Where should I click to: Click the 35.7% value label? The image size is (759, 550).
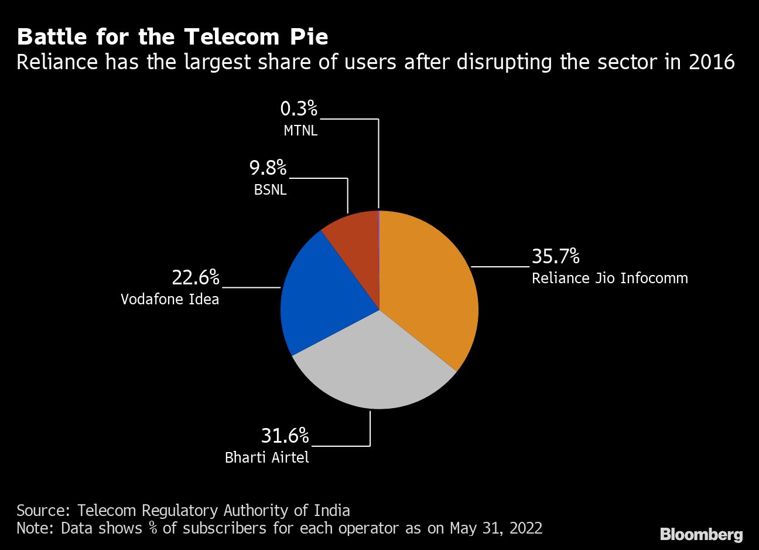pos(555,257)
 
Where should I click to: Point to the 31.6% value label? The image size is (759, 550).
pos(285,436)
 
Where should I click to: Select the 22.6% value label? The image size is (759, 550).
pos(195,277)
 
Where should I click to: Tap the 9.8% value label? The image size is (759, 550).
pos(268,168)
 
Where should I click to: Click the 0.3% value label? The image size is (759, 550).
pos(299,108)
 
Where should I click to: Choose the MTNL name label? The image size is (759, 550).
pos(300,130)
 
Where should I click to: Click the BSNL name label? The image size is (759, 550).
pos(270,190)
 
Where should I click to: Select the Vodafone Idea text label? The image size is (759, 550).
pos(170,299)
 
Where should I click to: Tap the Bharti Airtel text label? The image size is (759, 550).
pos(266,457)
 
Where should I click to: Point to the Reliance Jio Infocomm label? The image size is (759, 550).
pos(610,278)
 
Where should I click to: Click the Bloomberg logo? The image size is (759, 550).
pos(701,534)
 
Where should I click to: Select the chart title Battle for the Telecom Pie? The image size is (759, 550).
pos(172,37)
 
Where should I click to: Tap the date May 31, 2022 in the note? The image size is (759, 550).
pos(495,528)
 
